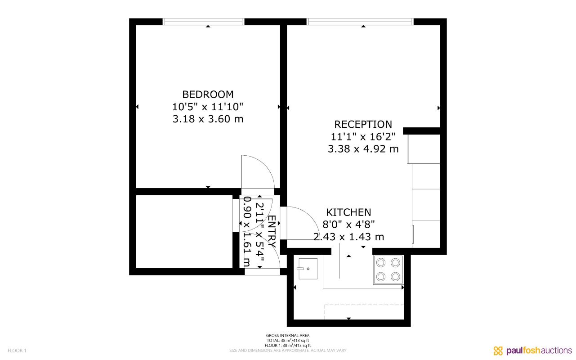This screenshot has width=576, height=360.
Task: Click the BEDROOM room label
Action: pyautogui.click(x=208, y=94)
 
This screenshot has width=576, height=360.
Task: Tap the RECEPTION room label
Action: pyautogui.click(x=363, y=124)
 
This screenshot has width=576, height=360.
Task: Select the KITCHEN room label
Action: pyautogui.click(x=348, y=212)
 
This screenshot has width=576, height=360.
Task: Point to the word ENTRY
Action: pyautogui.click(x=272, y=230)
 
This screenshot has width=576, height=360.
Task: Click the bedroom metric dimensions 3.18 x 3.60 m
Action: pyautogui.click(x=208, y=119)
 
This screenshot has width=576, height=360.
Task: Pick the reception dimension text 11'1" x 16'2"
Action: pyautogui.click(x=363, y=136)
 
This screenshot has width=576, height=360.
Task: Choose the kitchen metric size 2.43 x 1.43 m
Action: pyautogui.click(x=348, y=237)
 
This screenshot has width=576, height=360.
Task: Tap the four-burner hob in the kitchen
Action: pyautogui.click(x=388, y=270)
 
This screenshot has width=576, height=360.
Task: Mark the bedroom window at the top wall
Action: pyautogui.click(x=203, y=22)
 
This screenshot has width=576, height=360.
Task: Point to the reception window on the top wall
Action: pyautogui.click(x=360, y=22)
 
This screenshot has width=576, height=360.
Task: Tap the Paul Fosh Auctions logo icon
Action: pyautogui.click(x=498, y=351)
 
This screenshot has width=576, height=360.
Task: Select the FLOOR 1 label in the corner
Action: pyautogui.click(x=17, y=351)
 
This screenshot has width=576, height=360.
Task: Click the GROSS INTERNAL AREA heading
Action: pyautogui.click(x=288, y=335)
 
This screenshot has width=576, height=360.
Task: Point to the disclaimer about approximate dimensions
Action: pyautogui.click(x=288, y=351)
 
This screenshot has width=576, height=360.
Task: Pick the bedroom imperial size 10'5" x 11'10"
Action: pyautogui.click(x=208, y=107)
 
